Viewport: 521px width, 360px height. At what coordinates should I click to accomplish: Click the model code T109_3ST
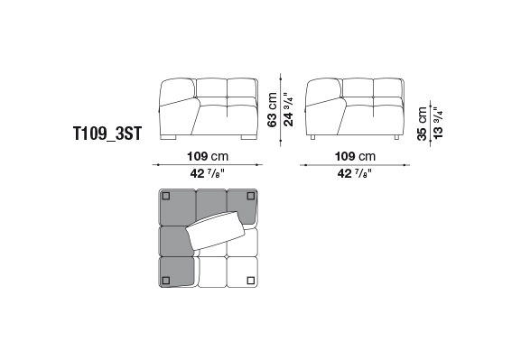tap(107, 134)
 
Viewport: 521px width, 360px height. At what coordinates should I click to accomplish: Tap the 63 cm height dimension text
tap(272, 109)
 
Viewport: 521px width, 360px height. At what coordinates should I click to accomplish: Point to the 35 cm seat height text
tap(422, 124)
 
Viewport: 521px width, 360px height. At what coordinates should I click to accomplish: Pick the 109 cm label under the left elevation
tap(208, 156)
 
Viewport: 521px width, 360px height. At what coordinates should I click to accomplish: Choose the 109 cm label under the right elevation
tap(355, 156)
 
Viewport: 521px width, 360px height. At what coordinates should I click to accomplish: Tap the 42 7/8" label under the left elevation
tap(208, 173)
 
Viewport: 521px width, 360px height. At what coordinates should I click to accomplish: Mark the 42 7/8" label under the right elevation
tap(355, 173)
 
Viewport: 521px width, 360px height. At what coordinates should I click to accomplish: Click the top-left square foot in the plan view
tap(166, 196)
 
